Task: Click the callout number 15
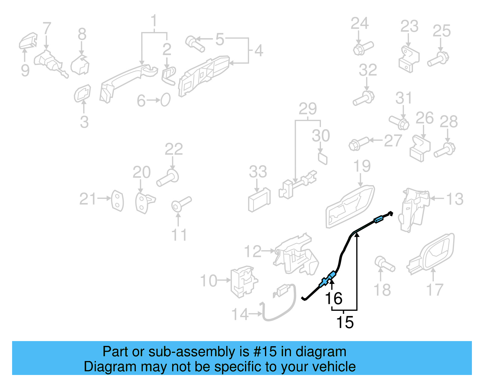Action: [x=345, y=322]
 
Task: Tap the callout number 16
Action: [x=334, y=298]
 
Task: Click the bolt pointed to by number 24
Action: [x=362, y=48]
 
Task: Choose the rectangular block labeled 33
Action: [x=259, y=200]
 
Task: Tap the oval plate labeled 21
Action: [x=117, y=200]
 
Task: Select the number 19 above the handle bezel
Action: [x=362, y=166]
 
